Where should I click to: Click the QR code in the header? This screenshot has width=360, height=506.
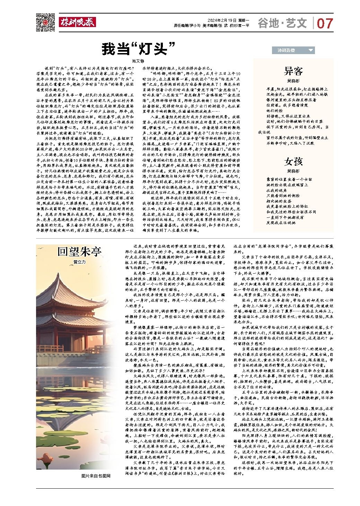tap(46, 22)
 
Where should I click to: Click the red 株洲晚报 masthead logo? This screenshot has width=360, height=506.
tap(77, 22)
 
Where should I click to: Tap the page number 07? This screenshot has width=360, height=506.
tap(325, 24)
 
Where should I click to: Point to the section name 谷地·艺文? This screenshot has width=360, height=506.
tap(282, 23)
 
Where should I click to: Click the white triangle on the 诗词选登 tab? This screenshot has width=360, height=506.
tap(310, 51)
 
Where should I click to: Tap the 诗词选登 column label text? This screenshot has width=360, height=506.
tap(286, 51)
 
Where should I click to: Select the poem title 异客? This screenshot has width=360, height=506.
tap(293, 71)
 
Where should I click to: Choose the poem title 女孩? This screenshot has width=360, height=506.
tap(293, 161)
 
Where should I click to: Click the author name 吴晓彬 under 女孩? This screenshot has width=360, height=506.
tap(293, 171)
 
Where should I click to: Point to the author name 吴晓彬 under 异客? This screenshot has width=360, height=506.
tap(293, 81)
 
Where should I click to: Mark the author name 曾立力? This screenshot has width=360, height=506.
tap(79, 262)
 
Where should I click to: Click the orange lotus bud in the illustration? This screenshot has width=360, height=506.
tap(44, 460)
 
